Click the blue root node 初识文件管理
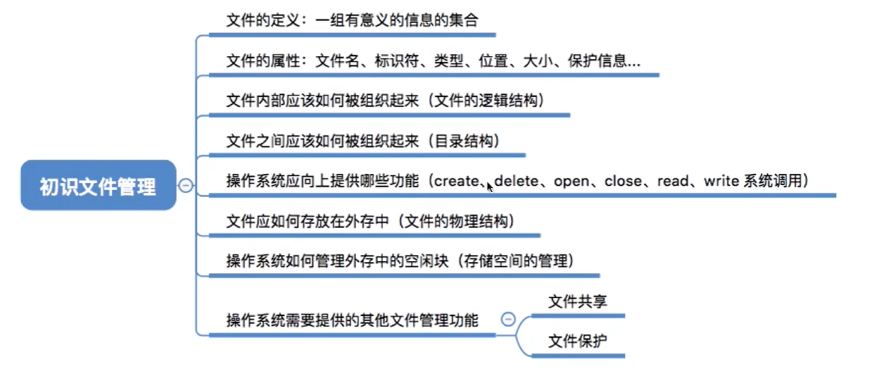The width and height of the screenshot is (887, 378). [x=98, y=185]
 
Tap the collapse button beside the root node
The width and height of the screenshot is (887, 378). [x=186, y=185]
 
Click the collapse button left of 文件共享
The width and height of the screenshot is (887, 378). [x=508, y=319]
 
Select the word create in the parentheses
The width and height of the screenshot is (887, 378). [x=457, y=181]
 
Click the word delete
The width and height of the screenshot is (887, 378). [x=516, y=181]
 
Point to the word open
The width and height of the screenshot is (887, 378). [x=572, y=181]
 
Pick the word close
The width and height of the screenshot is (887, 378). [x=623, y=181]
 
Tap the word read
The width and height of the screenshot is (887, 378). [x=673, y=181]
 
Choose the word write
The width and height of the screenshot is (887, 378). [x=722, y=181]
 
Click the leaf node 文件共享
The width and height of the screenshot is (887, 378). [x=577, y=301]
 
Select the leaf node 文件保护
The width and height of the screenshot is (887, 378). [x=577, y=341]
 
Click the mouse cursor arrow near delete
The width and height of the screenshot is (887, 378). [x=490, y=187]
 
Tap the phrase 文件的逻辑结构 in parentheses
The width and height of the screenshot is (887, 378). [x=486, y=100]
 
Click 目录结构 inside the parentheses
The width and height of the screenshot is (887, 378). [x=464, y=141]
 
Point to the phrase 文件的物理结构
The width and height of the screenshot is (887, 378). [x=456, y=221]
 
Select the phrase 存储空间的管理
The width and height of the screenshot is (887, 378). [x=516, y=261]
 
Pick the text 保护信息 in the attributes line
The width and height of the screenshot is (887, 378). [x=597, y=61]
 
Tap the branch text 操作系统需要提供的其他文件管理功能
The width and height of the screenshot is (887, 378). [x=352, y=320]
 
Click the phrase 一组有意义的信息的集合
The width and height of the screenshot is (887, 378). [x=397, y=20]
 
